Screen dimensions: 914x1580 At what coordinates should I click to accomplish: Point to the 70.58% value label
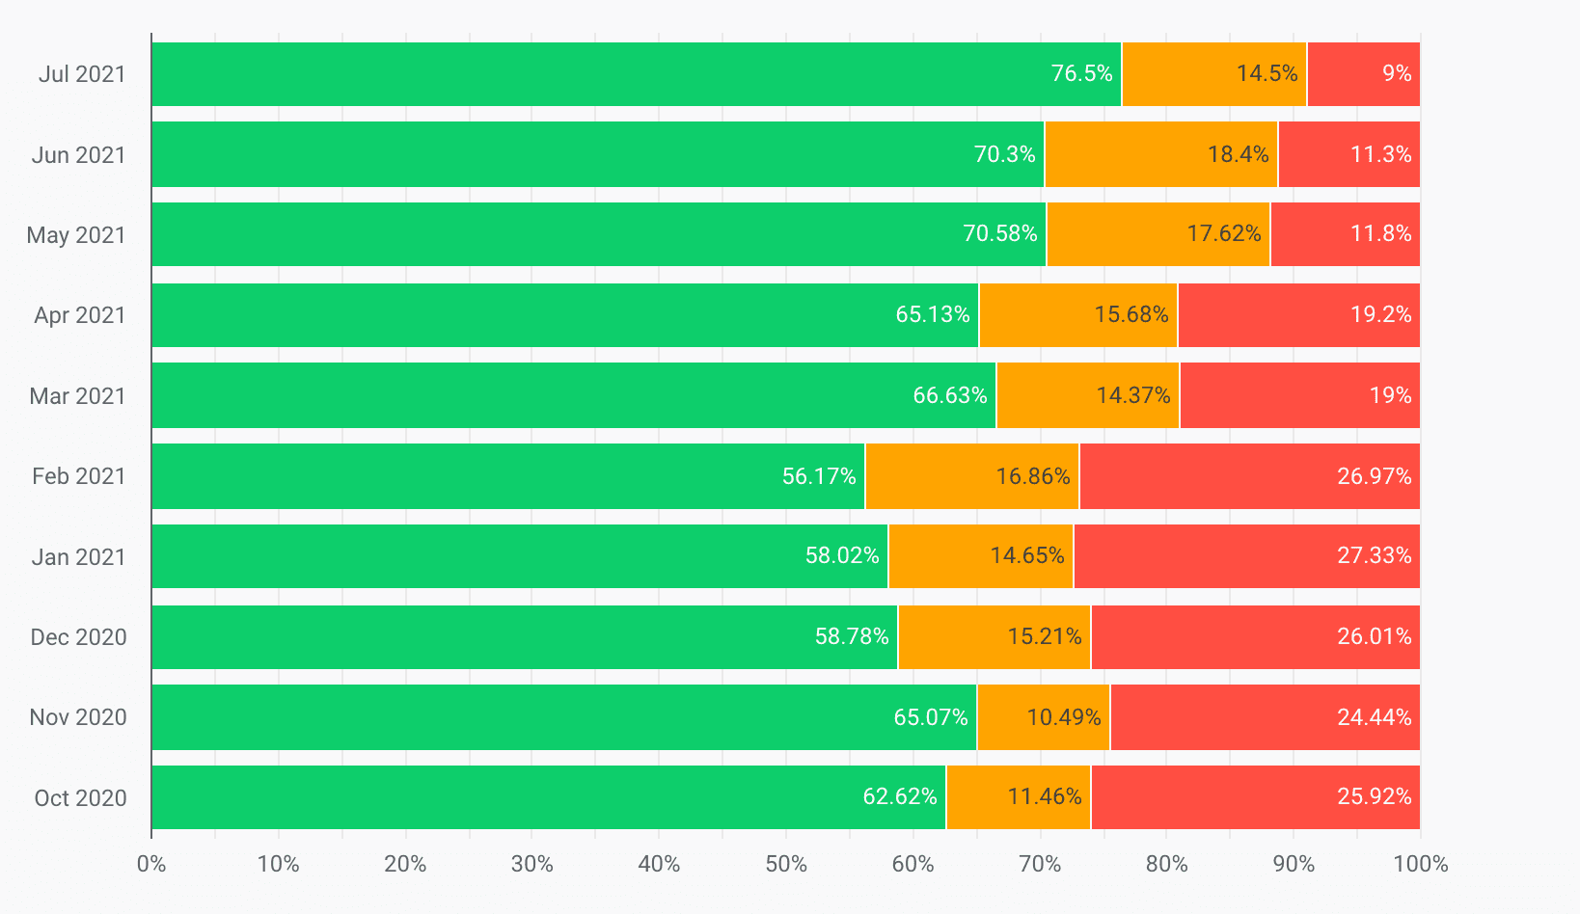[1000, 234]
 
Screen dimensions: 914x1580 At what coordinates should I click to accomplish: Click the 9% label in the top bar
[1396, 74]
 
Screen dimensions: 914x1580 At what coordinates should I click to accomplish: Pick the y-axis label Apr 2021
[80, 315]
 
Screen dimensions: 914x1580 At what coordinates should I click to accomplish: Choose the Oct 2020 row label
[80, 798]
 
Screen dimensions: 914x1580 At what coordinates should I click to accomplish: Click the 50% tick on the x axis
[786, 864]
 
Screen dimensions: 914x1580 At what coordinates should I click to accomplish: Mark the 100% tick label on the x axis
[1420, 864]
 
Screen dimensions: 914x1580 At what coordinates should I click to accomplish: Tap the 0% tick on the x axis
[151, 864]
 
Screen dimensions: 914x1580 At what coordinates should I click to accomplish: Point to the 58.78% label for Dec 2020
[852, 637]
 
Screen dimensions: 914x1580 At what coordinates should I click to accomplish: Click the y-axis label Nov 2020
[78, 717]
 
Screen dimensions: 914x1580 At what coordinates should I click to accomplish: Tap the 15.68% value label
[1131, 315]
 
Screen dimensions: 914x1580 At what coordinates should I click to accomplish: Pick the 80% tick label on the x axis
[1166, 864]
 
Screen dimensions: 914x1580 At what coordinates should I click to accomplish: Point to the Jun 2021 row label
[78, 155]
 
